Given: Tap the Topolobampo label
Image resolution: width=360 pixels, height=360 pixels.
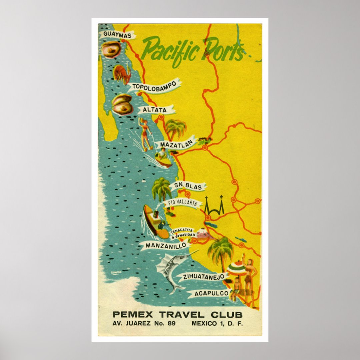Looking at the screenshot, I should [x=154, y=87].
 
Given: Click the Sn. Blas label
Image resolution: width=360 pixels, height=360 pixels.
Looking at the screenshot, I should [x=187, y=186].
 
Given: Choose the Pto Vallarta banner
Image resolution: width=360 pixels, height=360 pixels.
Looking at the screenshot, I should [x=182, y=203].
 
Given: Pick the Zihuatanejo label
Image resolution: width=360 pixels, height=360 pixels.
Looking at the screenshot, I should [x=203, y=277].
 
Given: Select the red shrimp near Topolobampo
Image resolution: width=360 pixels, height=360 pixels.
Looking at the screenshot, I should [x=122, y=74].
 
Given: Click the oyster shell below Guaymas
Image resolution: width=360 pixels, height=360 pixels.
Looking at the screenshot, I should [x=111, y=50].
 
